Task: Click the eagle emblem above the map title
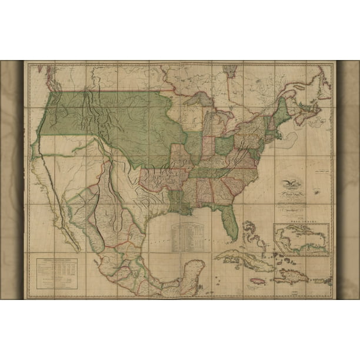(x=289, y=184)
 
